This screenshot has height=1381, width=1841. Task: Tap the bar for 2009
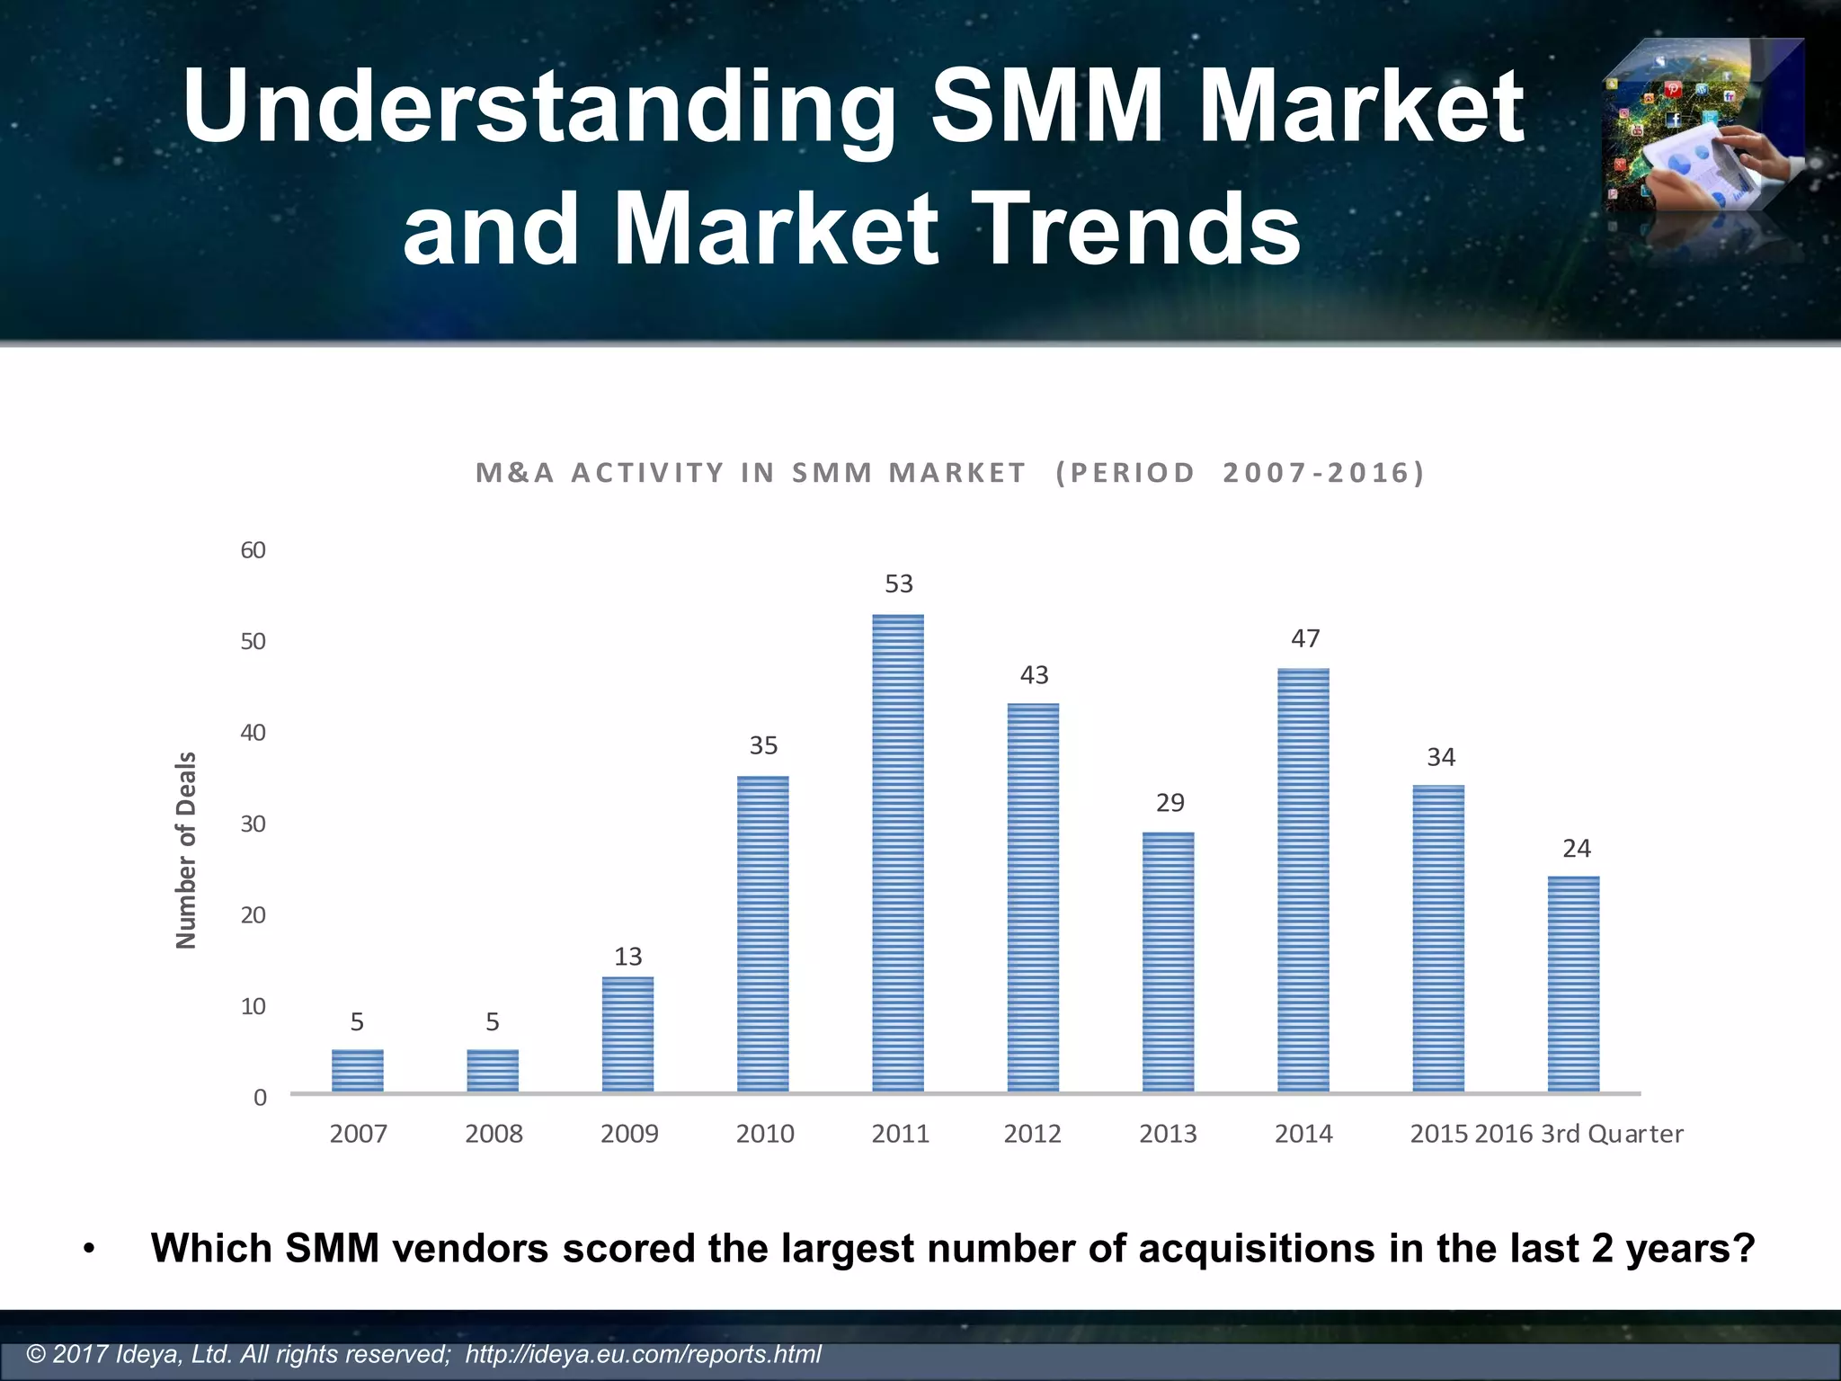(x=627, y=1034)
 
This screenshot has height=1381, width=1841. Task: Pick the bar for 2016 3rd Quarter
(x=1573, y=984)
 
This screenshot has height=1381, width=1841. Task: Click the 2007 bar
(x=358, y=1070)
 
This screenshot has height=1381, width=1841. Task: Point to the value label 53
(x=899, y=584)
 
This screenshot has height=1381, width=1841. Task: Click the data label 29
(x=1170, y=802)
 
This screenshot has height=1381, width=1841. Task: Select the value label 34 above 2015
(x=1441, y=757)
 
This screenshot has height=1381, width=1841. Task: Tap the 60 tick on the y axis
(x=253, y=550)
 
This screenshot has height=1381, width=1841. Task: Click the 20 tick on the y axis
(x=253, y=915)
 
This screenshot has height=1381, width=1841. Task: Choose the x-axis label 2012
(x=1033, y=1134)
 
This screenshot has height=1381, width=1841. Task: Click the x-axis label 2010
(x=765, y=1134)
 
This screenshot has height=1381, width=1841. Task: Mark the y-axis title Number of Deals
(x=186, y=850)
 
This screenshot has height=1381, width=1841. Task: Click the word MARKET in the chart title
(x=956, y=473)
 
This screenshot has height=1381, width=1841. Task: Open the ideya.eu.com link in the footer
(x=643, y=1354)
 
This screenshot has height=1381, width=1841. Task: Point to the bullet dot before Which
(x=88, y=1251)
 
